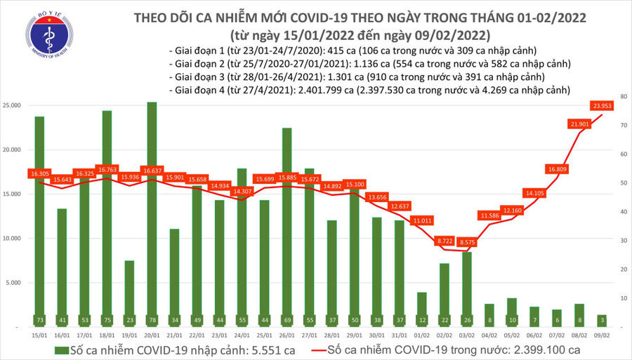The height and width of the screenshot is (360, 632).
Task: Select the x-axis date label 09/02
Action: point(601,335)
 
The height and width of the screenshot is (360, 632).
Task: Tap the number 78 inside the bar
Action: point(152,321)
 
